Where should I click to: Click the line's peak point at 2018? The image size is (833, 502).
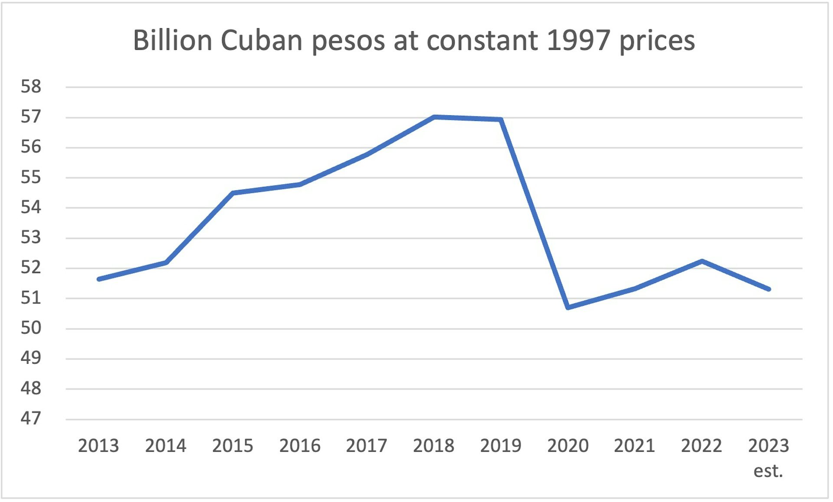(434, 117)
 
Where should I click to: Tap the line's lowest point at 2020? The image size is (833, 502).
(568, 307)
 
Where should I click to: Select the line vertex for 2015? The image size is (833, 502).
(233, 193)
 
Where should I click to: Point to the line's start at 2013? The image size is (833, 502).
(99, 279)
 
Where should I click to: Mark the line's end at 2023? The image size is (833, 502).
(769, 289)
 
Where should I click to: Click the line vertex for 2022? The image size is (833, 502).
(702, 261)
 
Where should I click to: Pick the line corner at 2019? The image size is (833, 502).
(501, 119)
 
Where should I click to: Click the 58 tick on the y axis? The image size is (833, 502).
(31, 87)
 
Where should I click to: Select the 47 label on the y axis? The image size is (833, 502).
(31, 419)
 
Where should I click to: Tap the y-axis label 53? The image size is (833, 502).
(31, 238)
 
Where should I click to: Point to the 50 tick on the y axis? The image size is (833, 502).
(31, 328)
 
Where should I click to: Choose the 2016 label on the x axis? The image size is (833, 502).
(300, 446)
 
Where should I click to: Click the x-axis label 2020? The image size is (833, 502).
(568, 446)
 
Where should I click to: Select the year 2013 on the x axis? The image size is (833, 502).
(98, 446)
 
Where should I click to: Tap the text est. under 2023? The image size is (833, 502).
(768, 471)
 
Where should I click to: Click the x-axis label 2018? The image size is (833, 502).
(434, 446)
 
